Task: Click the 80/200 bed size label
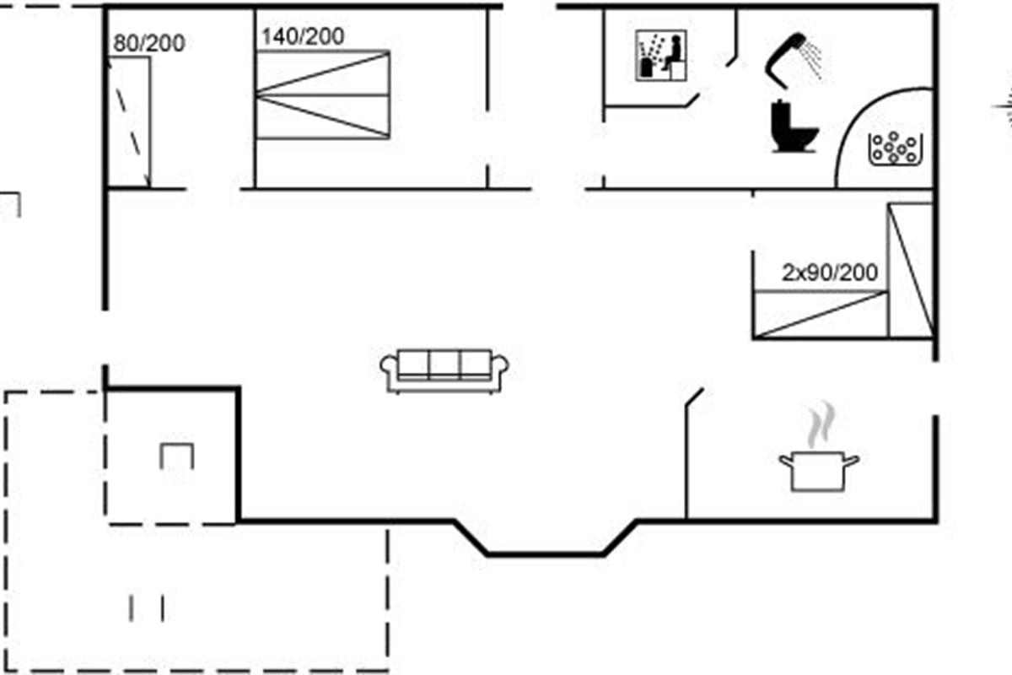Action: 148,43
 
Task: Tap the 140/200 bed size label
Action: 302,37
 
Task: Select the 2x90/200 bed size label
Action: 830,273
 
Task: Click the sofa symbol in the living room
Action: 444,370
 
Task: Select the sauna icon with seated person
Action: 660,56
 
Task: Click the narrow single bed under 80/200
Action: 129,121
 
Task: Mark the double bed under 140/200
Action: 322,94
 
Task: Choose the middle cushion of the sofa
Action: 444,364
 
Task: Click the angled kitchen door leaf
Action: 695,398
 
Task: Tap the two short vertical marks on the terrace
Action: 147,607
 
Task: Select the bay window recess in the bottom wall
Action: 545,540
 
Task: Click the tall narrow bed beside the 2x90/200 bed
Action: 911,269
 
